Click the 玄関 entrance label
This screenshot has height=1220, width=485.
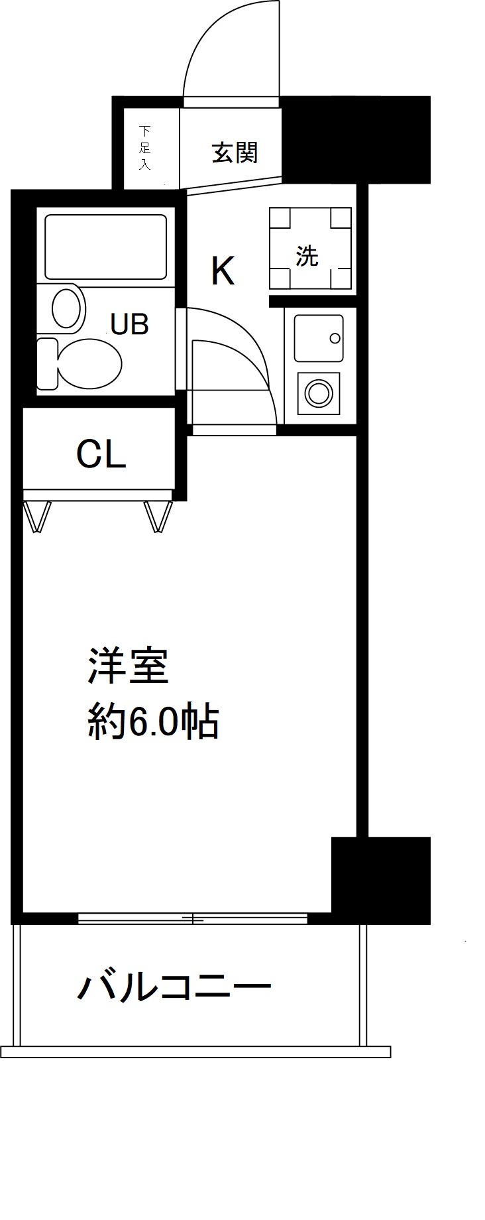click(x=235, y=154)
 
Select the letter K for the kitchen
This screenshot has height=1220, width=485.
click(x=223, y=271)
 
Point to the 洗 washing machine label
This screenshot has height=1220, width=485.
click(x=307, y=257)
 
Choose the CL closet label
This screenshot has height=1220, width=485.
click(x=101, y=455)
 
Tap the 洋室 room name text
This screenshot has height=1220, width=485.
click(x=129, y=666)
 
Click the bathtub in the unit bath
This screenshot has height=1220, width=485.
click(x=105, y=247)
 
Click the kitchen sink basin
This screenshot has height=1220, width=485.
click(x=319, y=337)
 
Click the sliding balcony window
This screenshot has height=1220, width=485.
click(x=192, y=918)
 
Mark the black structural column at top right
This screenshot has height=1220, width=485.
click(x=358, y=139)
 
